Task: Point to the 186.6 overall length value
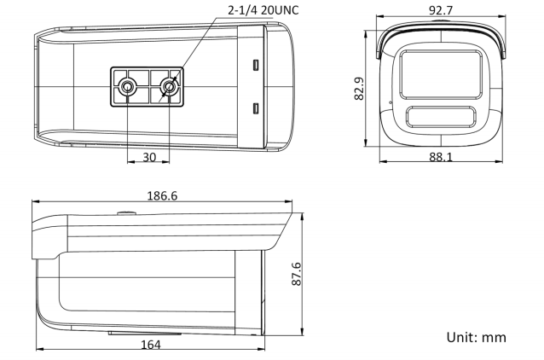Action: [x=162, y=196]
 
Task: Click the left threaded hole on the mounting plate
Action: [x=128, y=86]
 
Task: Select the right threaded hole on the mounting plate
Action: [x=169, y=86]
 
